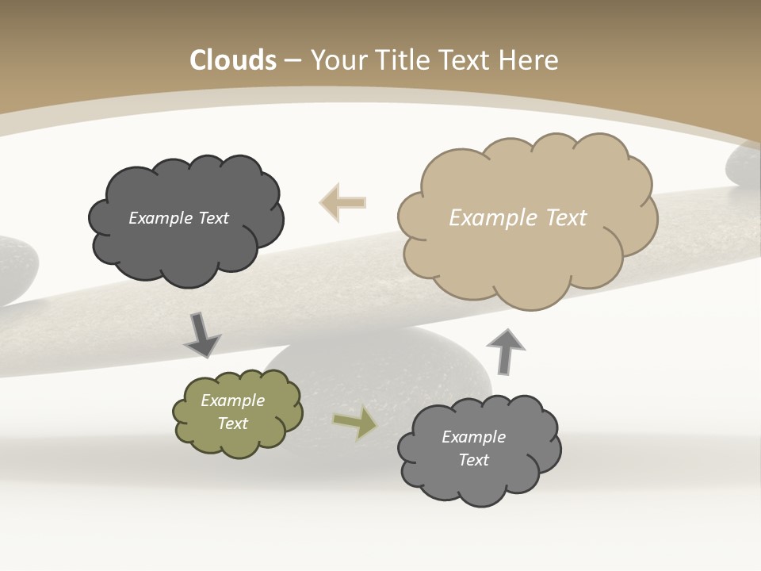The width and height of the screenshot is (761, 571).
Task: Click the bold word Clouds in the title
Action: [x=233, y=60]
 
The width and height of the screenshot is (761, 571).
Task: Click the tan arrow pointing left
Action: [x=342, y=202]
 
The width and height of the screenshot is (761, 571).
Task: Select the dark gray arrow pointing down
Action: [x=202, y=335]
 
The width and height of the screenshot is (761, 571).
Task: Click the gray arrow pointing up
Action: [x=506, y=350]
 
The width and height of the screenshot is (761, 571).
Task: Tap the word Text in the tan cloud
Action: [x=567, y=218]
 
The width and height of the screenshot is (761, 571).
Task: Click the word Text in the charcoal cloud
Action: [x=214, y=218]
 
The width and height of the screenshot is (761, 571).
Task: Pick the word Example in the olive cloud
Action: [x=233, y=400]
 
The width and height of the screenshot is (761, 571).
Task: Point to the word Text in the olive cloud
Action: [x=233, y=423]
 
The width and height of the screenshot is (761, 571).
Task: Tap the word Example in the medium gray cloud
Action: [x=473, y=437]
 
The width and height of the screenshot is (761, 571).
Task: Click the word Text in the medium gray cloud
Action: [x=473, y=460]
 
